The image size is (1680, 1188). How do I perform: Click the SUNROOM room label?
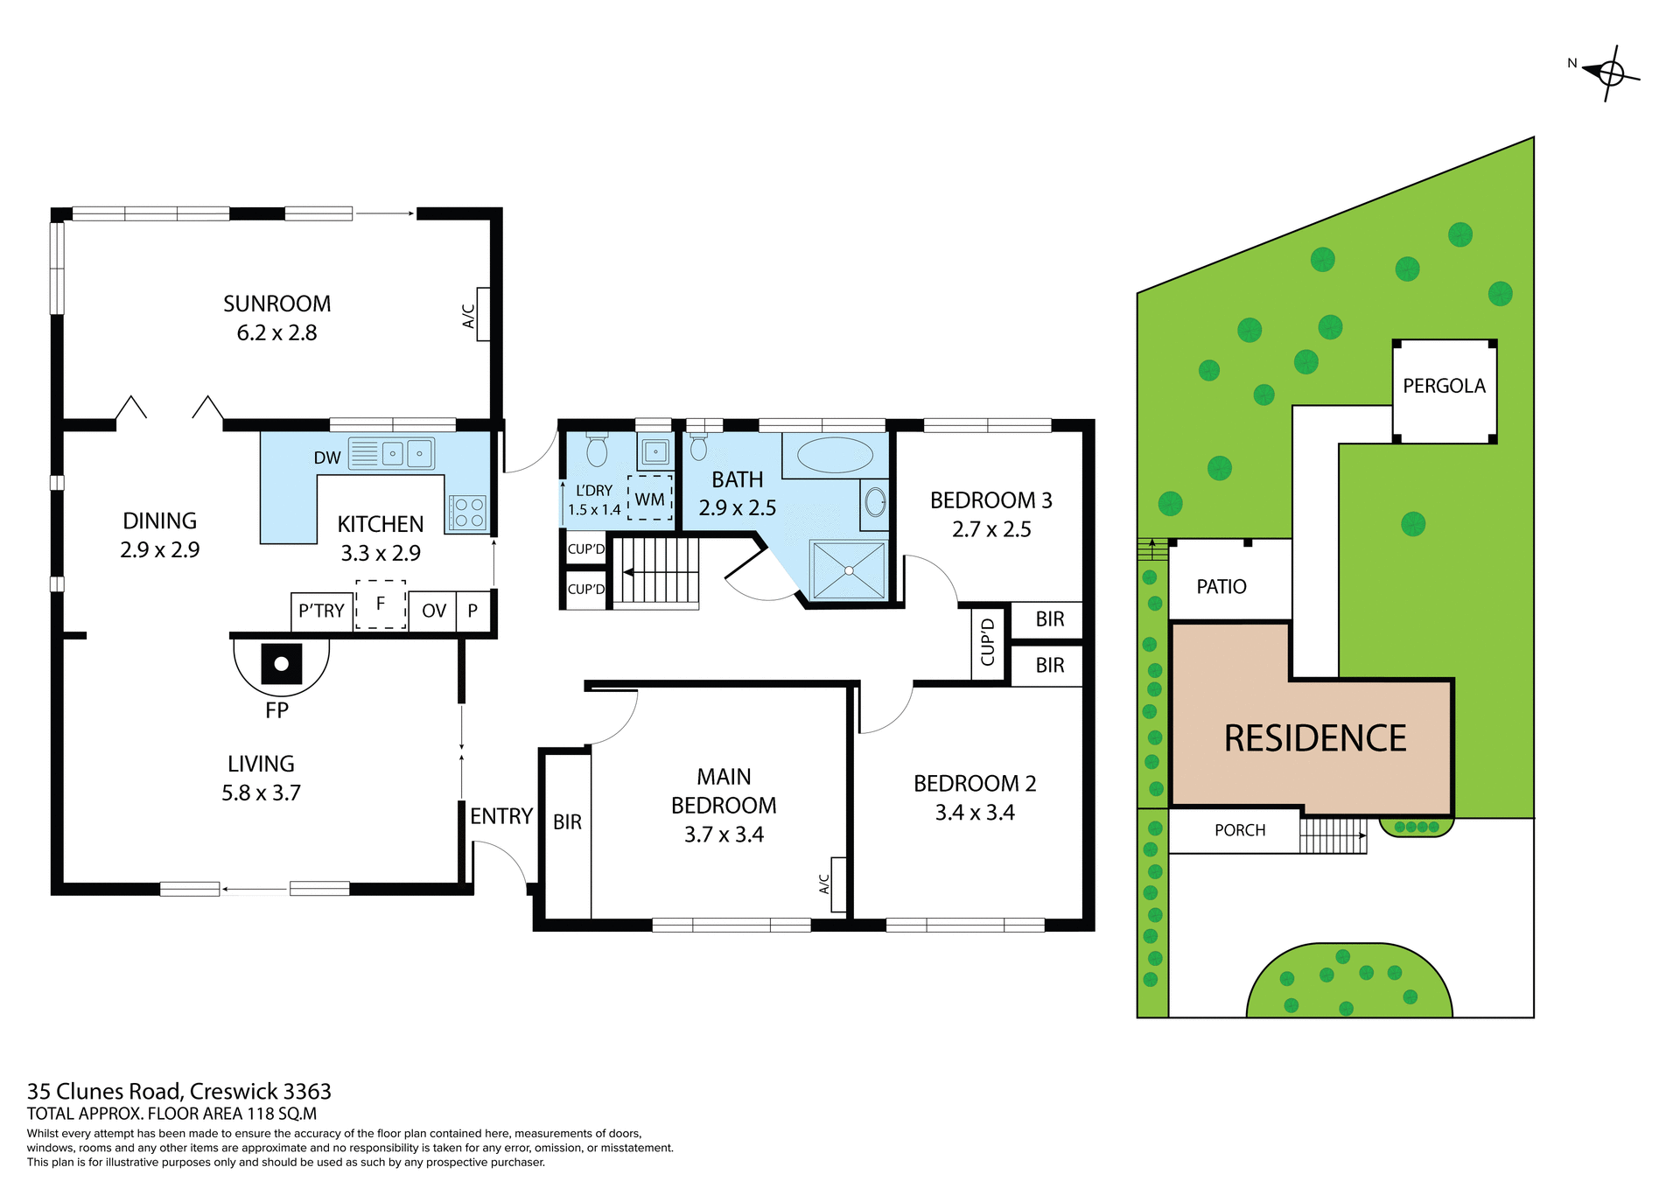pos(276,304)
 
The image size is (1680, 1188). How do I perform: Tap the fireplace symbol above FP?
pos(281,664)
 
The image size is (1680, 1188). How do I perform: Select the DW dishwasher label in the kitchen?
pos(327,458)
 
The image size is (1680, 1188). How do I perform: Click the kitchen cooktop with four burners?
pos(467,513)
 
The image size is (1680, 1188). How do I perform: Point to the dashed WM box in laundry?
pos(649,499)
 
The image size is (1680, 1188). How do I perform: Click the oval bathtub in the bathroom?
pos(835,456)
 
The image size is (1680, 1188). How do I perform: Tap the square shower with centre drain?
pos(848,570)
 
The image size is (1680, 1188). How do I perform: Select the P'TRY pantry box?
pos(321,611)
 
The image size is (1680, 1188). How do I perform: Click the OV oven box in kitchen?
pos(433,611)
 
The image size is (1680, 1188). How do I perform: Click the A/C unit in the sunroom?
pos(482,314)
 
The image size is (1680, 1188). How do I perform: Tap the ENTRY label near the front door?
pos(500,816)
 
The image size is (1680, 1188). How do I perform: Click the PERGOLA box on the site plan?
pos(1444,387)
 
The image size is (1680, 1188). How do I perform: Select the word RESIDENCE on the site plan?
pos(1314,738)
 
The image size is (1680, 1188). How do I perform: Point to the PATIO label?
pos(1221,587)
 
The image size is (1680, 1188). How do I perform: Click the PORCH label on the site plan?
pos(1240,830)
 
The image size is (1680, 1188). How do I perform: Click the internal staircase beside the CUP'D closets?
pos(657,571)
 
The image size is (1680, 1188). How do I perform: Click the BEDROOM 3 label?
pos(990,500)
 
